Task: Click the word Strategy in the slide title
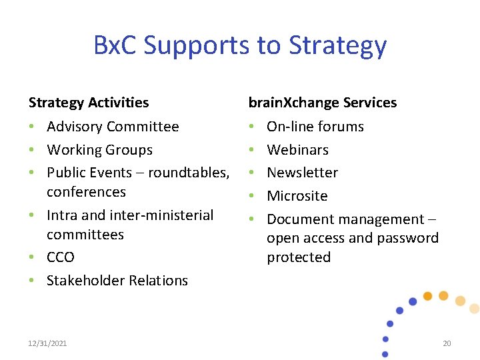coord(337,46)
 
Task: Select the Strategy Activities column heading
coord(89,103)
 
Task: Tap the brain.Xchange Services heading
coord(322,103)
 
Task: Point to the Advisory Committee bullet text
coord(113,127)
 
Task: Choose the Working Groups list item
coord(99,150)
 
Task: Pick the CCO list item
coord(61,257)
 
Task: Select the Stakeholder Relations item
coord(117,281)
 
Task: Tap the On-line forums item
coord(315,127)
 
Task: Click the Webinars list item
coord(297,150)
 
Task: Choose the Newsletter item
coord(302,173)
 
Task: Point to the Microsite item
coord(297,196)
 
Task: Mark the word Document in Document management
coord(299,219)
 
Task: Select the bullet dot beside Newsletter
coord(252,173)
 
